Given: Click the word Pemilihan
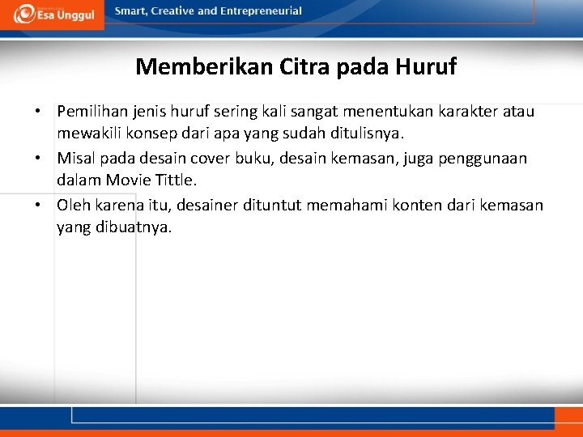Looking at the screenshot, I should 90,111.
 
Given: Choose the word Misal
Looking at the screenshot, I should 76,159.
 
